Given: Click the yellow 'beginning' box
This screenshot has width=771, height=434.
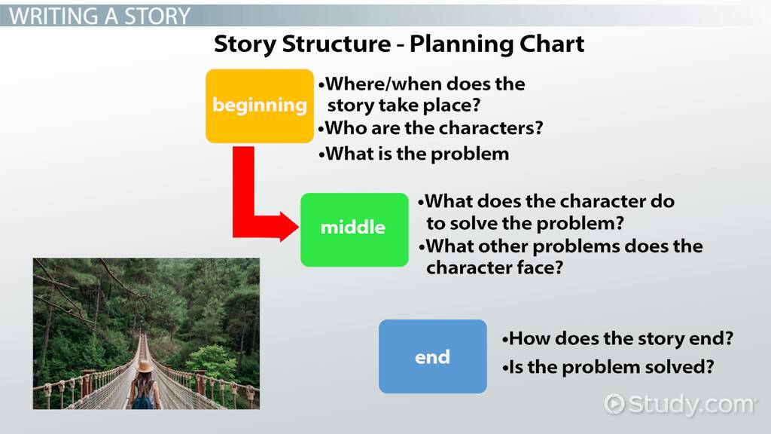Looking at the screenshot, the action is pyautogui.click(x=260, y=106).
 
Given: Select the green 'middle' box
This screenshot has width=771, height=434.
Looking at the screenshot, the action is pyautogui.click(x=355, y=230).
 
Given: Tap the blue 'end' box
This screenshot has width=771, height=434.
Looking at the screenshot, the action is pyautogui.click(x=433, y=356).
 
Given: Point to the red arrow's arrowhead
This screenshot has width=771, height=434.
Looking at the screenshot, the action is pyautogui.click(x=289, y=227).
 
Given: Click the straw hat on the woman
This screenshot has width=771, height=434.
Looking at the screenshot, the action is pyautogui.click(x=145, y=365).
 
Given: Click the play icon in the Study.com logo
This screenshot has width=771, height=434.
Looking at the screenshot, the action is pyautogui.click(x=614, y=404).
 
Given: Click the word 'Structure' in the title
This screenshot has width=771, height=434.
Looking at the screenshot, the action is pyautogui.click(x=337, y=44).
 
